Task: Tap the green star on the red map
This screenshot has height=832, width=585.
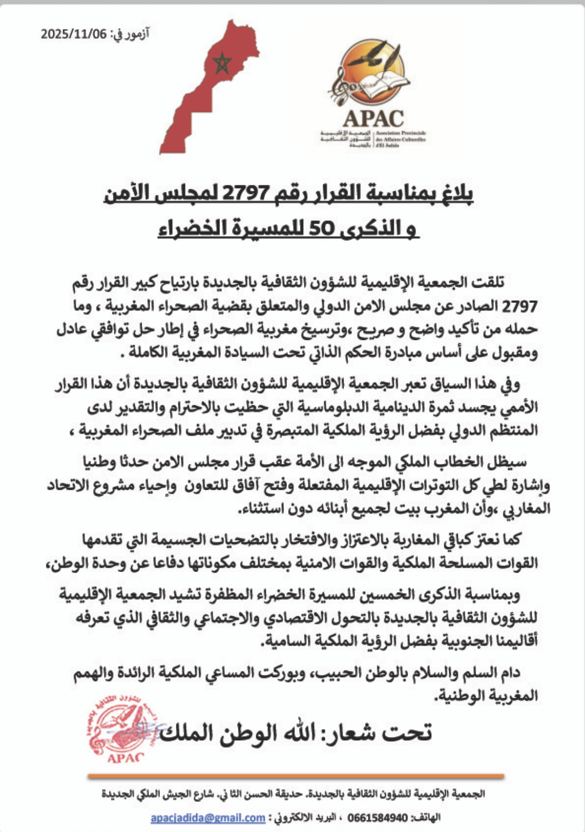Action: (x=222, y=64)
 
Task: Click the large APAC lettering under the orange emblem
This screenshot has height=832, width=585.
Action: (x=373, y=119)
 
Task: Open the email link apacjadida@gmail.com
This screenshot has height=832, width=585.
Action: (x=208, y=817)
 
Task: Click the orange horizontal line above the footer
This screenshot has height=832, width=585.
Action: (x=296, y=776)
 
